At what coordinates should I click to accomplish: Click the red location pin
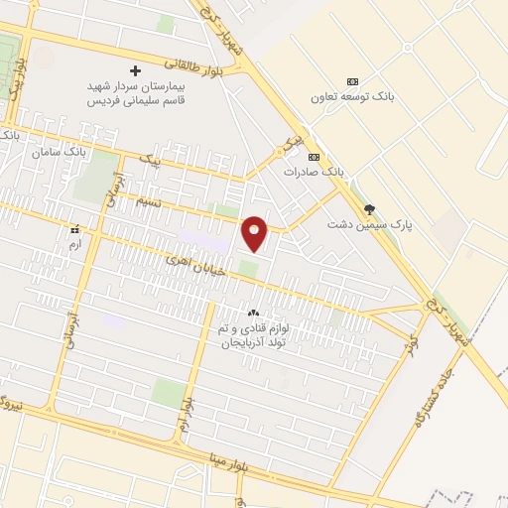[256, 232]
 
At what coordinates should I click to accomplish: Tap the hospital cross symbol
[136, 71]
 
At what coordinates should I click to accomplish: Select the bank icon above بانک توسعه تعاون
[352, 81]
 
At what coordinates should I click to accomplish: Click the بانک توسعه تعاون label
[352, 97]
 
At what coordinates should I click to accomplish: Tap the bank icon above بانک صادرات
[315, 157]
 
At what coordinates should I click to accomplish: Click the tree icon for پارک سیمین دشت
[370, 209]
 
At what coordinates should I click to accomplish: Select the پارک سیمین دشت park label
[370, 225]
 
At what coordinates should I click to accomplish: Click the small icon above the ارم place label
[74, 229]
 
